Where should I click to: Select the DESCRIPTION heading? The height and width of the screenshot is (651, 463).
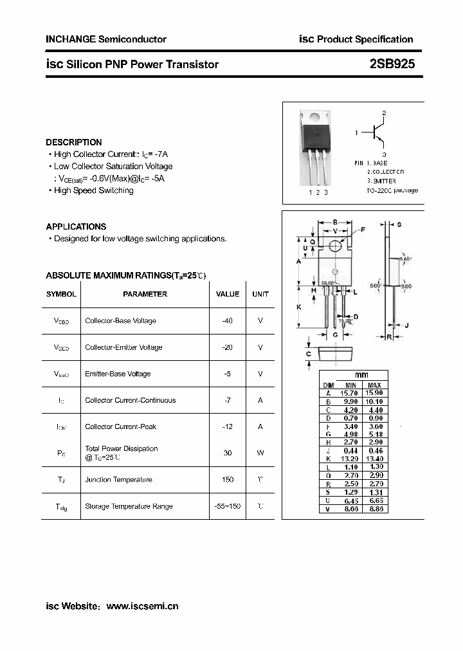point(74,142)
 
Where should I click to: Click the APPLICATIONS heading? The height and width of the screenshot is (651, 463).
point(76,226)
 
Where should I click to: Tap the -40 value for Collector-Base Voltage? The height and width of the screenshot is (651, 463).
point(227,320)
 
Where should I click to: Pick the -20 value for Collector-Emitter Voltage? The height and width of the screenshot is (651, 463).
point(227,347)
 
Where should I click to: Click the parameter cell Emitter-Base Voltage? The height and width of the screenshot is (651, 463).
point(118,374)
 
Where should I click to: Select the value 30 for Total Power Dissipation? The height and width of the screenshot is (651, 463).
point(228,453)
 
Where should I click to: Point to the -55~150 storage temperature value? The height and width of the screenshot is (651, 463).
point(228,506)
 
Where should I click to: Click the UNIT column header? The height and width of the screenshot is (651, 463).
point(260,294)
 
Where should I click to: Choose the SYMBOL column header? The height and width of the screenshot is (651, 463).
point(61,294)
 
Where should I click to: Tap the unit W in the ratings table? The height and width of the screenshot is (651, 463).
point(260,453)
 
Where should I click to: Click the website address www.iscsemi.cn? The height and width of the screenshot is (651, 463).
point(142,606)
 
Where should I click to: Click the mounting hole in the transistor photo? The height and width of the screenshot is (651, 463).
point(316,118)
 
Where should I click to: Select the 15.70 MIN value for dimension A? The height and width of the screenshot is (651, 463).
point(350,393)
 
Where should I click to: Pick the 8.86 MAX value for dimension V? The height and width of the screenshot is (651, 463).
point(374,508)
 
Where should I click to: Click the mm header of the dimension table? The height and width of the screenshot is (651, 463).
point(362,375)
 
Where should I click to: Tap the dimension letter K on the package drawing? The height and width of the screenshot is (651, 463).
point(298,307)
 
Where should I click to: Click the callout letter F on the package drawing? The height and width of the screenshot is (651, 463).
point(363,230)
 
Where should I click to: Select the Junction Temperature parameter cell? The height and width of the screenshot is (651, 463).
point(118,479)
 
